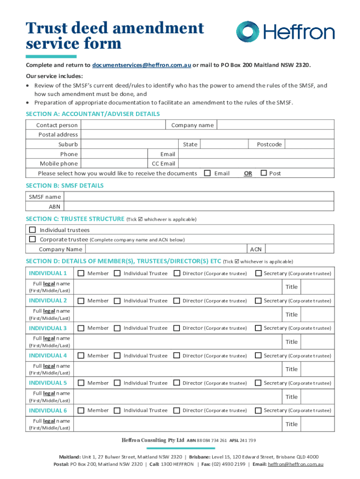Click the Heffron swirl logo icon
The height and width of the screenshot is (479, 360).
tap(248, 32)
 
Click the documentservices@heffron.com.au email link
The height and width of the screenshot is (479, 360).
tap(141, 65)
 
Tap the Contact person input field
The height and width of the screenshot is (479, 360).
tap(122, 125)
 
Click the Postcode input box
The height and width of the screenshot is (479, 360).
tap(309, 144)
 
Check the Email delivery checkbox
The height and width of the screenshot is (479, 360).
tap(208, 173)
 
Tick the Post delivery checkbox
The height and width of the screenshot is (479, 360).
tap(263, 173)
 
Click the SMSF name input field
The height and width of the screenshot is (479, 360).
tap(199, 196)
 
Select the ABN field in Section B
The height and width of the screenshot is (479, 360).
tap(199, 206)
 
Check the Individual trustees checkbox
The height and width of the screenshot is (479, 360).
tap(32, 230)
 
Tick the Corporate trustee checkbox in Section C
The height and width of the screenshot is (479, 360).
tap(32, 239)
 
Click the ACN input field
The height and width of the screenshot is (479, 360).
tap(299, 249)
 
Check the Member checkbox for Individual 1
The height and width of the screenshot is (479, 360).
tap(81, 273)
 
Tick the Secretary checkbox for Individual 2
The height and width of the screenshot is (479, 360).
tap(258, 301)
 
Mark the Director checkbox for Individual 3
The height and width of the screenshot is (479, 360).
tap(177, 328)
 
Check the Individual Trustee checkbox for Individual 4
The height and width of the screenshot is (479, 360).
tap(117, 356)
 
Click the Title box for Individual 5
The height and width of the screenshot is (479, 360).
tap(316, 397)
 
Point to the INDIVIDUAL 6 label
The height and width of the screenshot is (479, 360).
tap(48, 410)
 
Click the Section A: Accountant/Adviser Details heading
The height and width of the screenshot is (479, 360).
tap(93, 114)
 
